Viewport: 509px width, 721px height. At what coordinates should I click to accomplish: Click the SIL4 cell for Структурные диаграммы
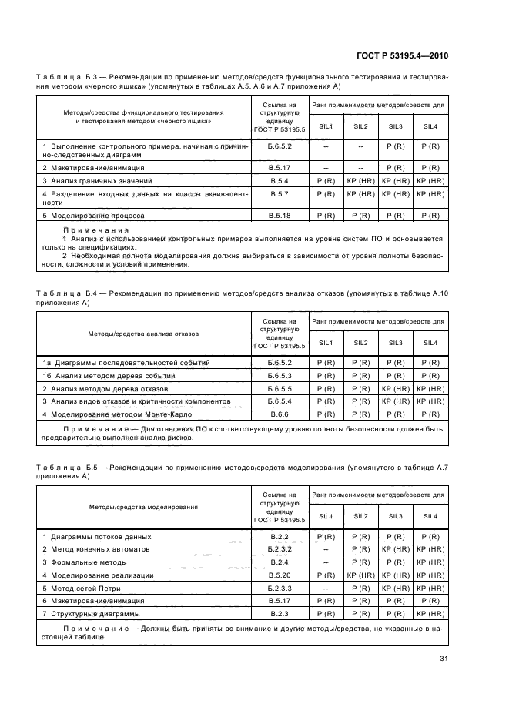point(430,614)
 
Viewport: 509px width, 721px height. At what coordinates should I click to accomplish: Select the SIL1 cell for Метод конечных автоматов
point(326,549)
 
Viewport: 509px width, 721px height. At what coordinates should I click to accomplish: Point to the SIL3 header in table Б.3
point(395,126)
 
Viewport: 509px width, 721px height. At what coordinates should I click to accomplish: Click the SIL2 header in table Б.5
point(360,516)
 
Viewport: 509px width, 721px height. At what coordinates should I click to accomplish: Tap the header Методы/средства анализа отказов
point(144,334)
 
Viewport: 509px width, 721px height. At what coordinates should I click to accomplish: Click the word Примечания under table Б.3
point(96,230)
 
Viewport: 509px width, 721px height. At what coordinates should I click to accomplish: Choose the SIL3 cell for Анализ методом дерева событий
point(395,375)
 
